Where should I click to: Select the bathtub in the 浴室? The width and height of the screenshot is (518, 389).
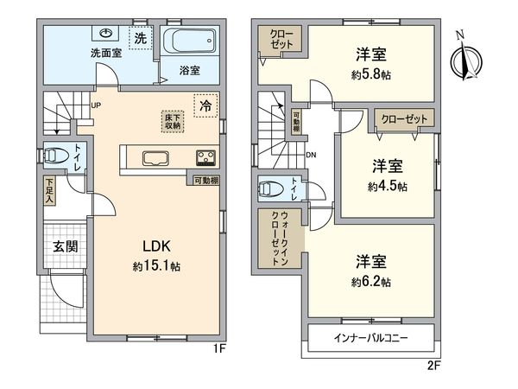tap(188, 41)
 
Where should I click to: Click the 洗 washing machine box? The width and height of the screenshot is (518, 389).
tap(139, 39)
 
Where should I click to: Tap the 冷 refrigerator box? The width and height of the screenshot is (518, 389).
tap(205, 105)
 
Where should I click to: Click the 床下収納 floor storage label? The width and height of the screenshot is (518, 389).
tap(172, 121)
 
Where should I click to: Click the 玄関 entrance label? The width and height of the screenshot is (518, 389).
tap(65, 246)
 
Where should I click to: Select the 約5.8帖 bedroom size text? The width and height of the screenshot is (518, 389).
tap(371, 74)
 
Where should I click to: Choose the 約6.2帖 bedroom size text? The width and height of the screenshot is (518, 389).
tap(371, 282)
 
